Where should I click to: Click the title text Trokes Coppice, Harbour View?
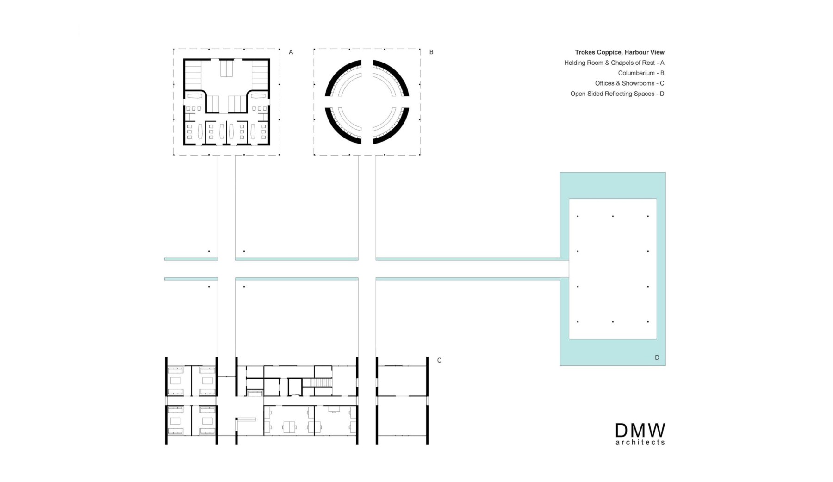coord(620,52)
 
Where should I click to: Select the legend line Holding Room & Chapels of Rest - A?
coord(614,63)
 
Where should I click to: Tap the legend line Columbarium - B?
coord(641,73)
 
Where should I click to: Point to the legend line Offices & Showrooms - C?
coord(629,83)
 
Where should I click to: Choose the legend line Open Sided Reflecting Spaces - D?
coord(617,94)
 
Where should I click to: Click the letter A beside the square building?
coord(291,52)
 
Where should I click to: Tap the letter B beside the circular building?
coord(431,52)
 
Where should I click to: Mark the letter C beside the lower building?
coord(439,360)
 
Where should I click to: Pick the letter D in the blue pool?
coord(657,357)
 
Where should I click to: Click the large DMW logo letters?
coord(640,431)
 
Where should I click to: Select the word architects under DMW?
coord(640,443)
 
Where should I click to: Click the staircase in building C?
coord(317,382)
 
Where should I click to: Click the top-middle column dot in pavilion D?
coord(613,216)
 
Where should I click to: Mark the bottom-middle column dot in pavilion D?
coord(613,322)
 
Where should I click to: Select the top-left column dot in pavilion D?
coord(578,216)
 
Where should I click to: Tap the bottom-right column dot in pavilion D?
coord(648,322)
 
